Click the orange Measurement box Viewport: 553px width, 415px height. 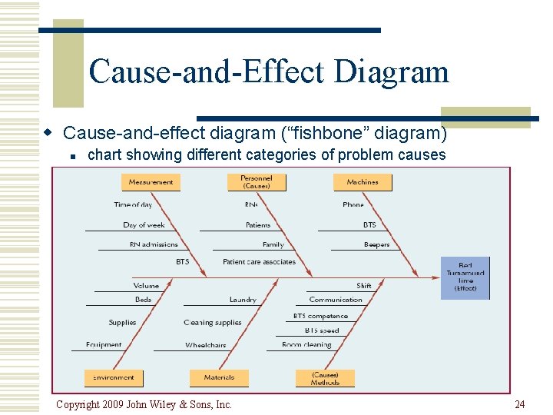tap(151, 182)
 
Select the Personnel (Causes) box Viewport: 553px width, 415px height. tap(257, 182)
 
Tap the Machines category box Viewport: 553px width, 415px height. tap(363, 182)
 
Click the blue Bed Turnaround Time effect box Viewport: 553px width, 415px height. tap(465, 277)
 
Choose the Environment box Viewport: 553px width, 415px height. tap(114, 377)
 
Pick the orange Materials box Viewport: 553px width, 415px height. tap(219, 377)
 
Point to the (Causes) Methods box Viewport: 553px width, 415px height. tap(325, 378)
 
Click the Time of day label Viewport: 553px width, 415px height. tap(133, 204)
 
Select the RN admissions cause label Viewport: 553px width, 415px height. tap(154, 244)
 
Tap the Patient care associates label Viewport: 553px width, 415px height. tap(259, 262)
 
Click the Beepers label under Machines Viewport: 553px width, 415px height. tap(377, 244)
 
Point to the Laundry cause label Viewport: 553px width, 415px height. tap(243, 300)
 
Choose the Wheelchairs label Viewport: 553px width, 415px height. tap(206, 345)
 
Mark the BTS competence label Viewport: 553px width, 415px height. tap(320, 316)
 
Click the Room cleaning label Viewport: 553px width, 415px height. tap(306, 345)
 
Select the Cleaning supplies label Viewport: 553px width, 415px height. tap(213, 323)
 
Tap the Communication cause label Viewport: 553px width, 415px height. tap(336, 300)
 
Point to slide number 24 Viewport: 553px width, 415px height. tap(520, 404)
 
